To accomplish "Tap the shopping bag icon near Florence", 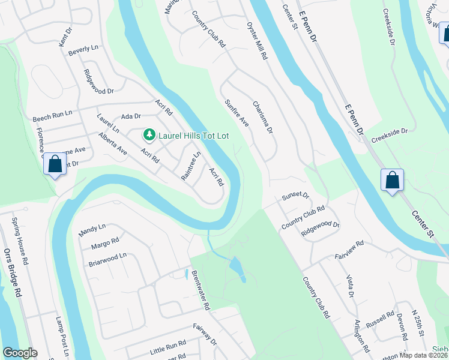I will pos(55,164).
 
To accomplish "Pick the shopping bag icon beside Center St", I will pos(392,179).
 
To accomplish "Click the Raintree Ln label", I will pos(191,166).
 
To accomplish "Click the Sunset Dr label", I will pos(295,196).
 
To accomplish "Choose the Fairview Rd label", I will pos(349,249).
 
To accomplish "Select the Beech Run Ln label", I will pos(52,113).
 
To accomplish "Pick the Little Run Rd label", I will pos(168,346).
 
